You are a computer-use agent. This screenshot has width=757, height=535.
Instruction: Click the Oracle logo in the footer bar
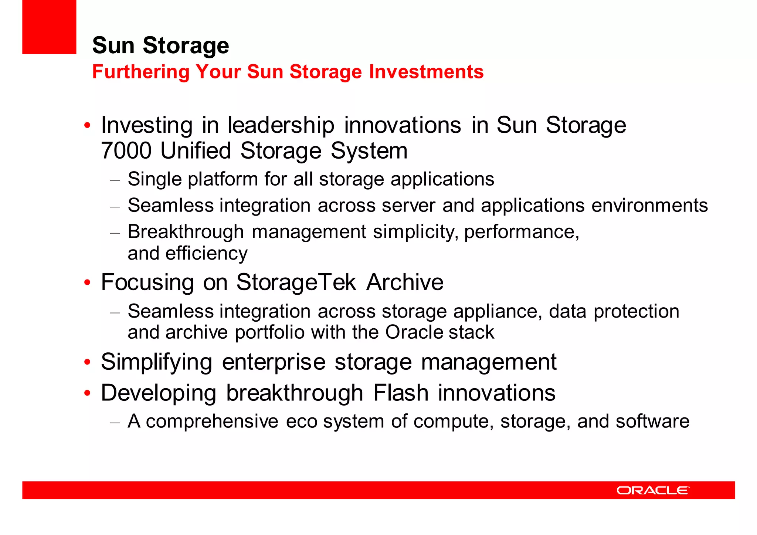click(653, 490)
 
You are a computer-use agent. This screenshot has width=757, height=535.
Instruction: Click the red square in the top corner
click(49, 27)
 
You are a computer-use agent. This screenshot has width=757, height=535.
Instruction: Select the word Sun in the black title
click(113, 45)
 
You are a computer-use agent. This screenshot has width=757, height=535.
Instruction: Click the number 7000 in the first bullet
click(126, 151)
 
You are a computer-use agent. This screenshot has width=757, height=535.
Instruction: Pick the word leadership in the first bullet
click(281, 125)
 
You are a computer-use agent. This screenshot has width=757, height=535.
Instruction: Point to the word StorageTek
click(296, 282)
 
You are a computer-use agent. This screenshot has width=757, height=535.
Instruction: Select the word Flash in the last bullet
click(400, 393)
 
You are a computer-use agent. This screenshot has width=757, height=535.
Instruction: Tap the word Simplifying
click(156, 362)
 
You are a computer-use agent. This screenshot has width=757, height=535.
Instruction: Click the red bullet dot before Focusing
click(87, 283)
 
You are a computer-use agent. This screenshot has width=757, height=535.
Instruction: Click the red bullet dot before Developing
click(87, 393)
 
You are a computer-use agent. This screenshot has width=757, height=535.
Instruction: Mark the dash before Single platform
click(115, 180)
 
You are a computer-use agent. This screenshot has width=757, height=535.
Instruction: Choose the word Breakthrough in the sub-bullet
click(186, 232)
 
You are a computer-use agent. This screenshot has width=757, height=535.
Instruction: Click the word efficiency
click(206, 254)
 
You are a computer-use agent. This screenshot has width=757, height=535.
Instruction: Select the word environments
click(649, 205)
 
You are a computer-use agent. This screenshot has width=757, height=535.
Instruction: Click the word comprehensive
click(212, 421)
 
